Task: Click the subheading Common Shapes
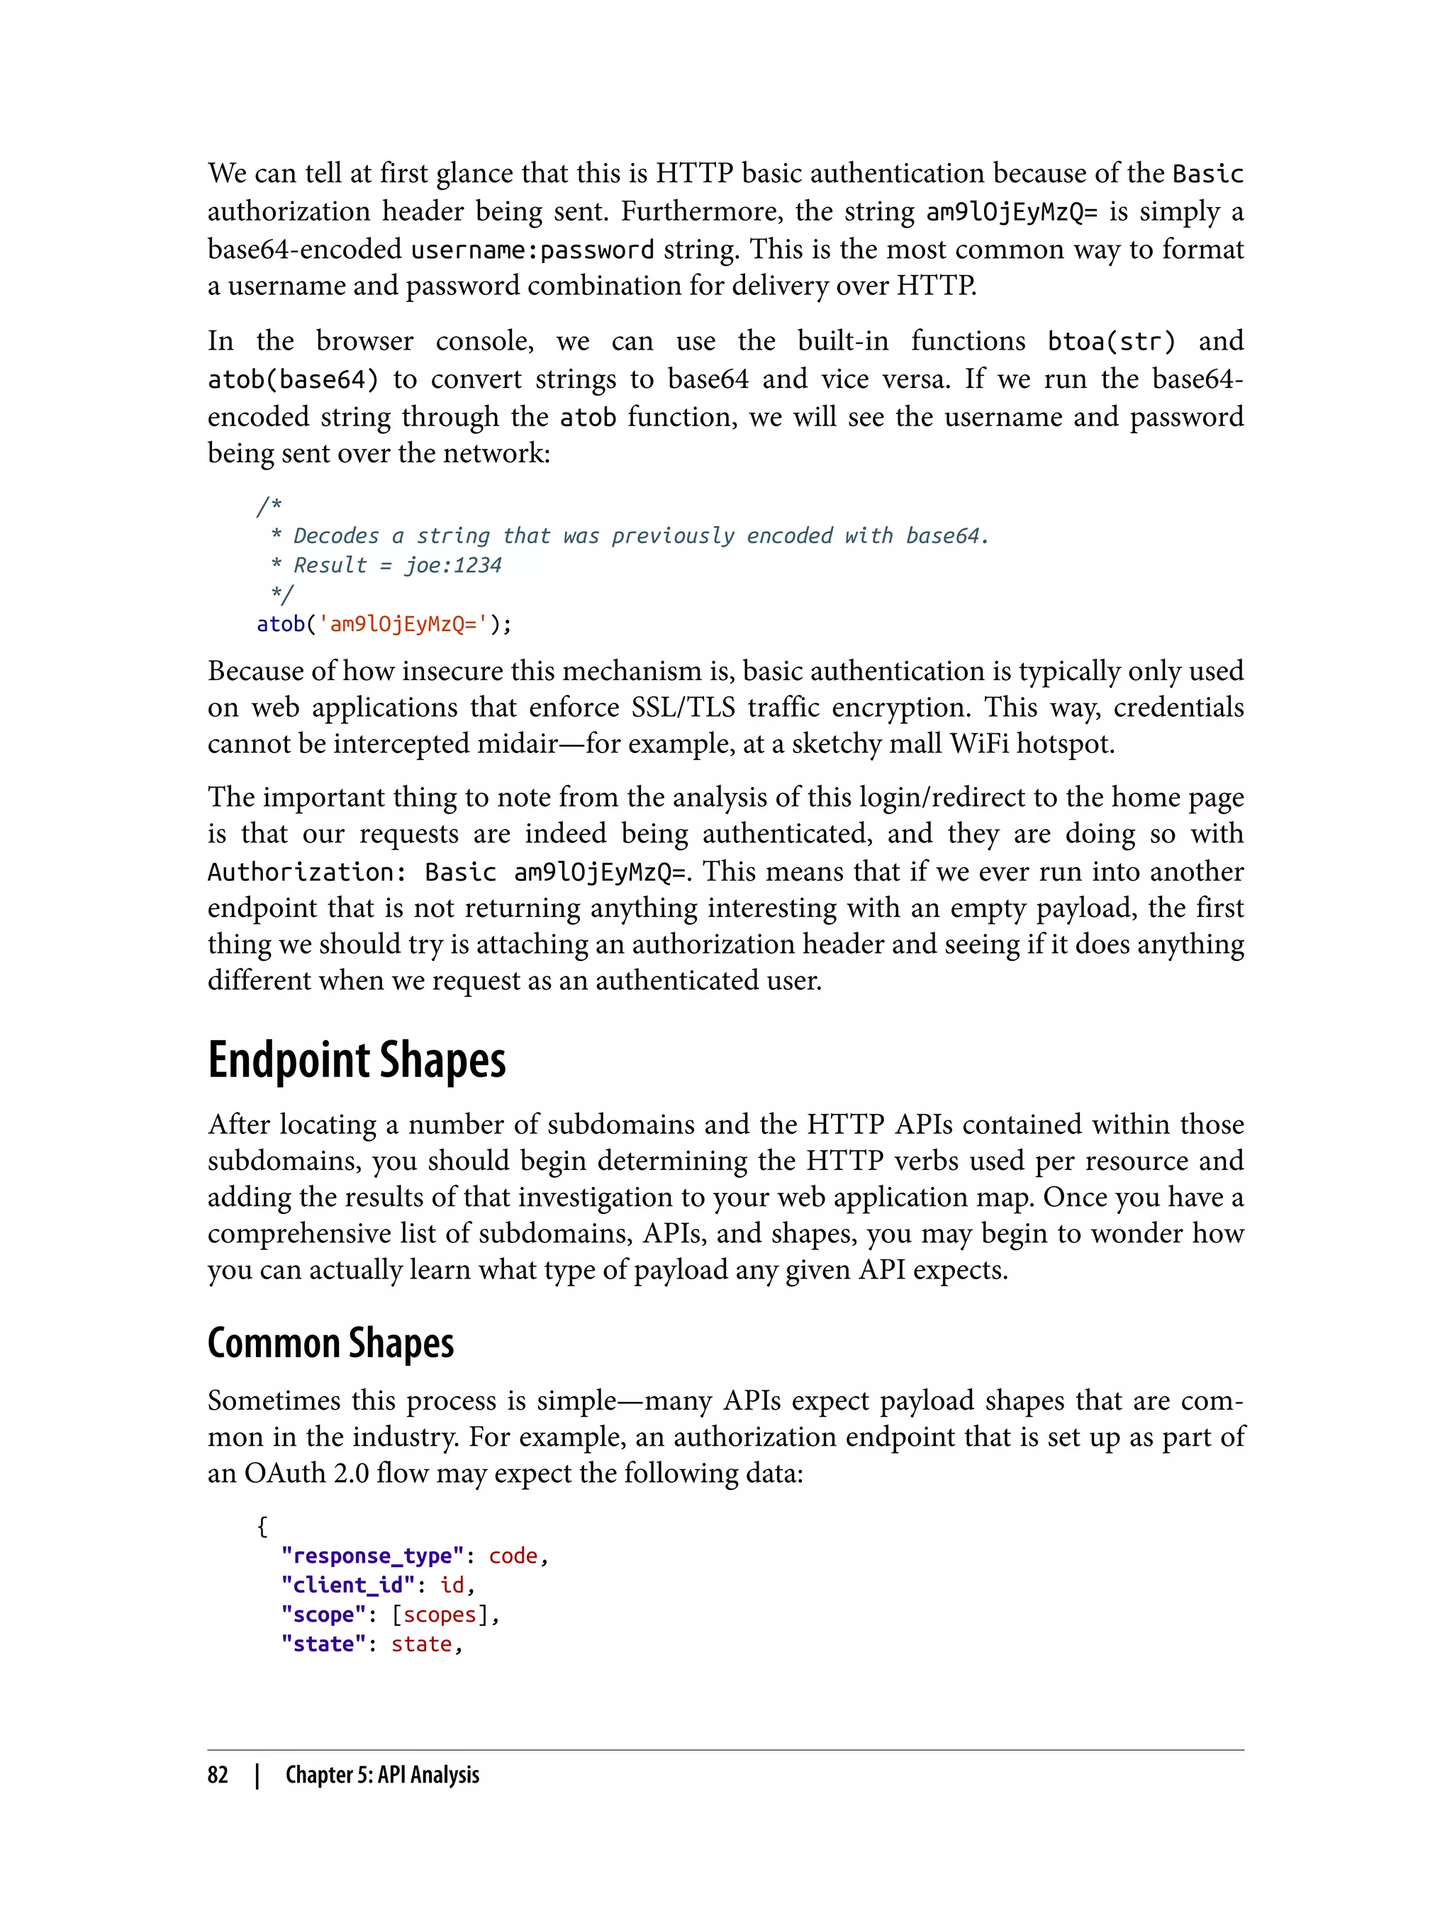(x=330, y=1342)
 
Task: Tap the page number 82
(x=218, y=1775)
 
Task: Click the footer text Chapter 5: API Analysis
(x=382, y=1775)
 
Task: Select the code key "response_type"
(x=372, y=1556)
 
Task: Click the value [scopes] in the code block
(x=440, y=1615)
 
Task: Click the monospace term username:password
(x=532, y=250)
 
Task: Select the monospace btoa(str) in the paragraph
(x=1112, y=342)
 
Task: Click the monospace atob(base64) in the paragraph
(x=293, y=379)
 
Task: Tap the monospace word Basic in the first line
(x=1207, y=174)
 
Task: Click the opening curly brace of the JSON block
(x=262, y=1526)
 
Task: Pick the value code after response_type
(x=513, y=1556)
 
